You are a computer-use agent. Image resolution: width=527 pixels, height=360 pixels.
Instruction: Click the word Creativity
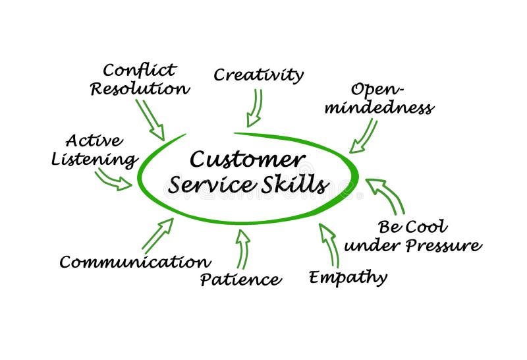tap(258, 75)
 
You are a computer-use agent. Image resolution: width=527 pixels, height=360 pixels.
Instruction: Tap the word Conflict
tap(140, 70)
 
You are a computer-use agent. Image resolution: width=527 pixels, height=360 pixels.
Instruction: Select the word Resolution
tap(140, 88)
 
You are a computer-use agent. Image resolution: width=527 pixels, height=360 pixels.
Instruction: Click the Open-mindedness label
tap(391, 99)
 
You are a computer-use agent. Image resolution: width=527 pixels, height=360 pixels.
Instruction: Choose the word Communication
tap(135, 262)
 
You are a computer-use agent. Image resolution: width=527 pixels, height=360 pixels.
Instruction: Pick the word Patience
tap(240, 280)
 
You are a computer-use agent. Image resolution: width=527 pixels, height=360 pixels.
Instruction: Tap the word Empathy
tap(348, 277)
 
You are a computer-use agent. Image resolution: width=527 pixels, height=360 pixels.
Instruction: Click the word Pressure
tap(444, 246)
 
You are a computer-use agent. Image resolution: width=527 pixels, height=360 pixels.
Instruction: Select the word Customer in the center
tap(247, 160)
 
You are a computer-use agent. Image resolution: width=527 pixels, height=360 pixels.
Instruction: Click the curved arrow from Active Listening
tap(113, 179)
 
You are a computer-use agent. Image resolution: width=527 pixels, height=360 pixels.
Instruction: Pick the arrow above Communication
tap(157, 235)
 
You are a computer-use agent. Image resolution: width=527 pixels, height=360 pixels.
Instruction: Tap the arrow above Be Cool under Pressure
tap(385, 196)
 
